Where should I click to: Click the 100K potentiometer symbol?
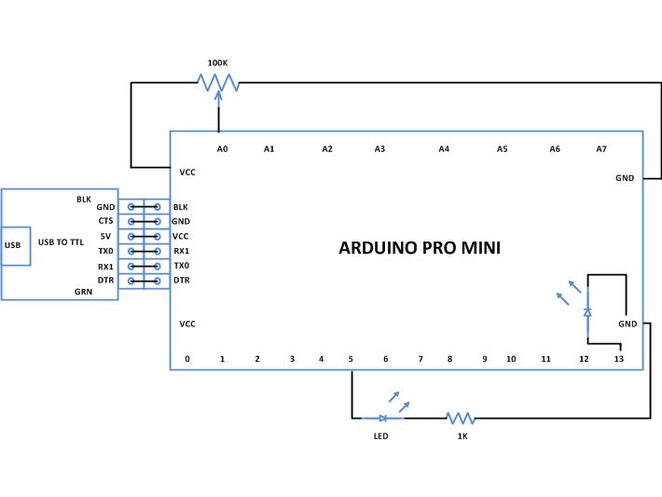[218, 84]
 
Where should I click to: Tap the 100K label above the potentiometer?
[218, 63]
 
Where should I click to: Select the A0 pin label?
[222, 148]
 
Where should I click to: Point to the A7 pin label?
[601, 148]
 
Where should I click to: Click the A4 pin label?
[444, 148]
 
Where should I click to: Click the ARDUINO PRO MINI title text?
[419, 248]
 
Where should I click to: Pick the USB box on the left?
[13, 245]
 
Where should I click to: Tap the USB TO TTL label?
[62, 242]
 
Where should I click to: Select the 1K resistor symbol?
[461, 418]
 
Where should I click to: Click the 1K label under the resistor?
[462, 435]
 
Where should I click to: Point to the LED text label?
[380, 435]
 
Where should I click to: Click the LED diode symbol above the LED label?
[383, 418]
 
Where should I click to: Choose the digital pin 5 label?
[351, 358]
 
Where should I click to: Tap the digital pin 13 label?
[618, 358]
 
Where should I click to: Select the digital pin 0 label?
[186, 358]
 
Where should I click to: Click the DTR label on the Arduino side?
[182, 280]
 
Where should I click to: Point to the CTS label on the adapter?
[105, 221]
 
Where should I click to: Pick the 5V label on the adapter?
[106, 236]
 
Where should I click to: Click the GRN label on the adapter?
[84, 291]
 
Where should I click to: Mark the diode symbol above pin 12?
[586, 312]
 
